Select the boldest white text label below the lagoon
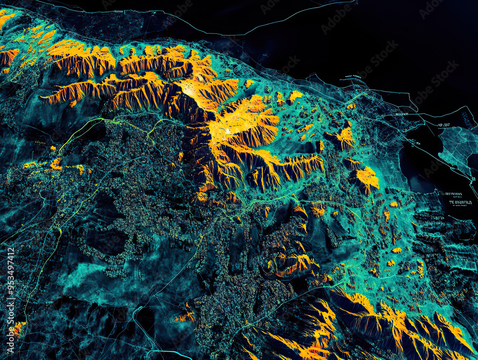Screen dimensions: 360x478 click(x=460, y=202)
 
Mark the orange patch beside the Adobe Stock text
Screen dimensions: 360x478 click(x=18, y=328)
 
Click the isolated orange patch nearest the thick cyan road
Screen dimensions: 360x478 click(x=185, y=316)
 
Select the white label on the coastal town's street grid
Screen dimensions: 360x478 click(x=402, y=114)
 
